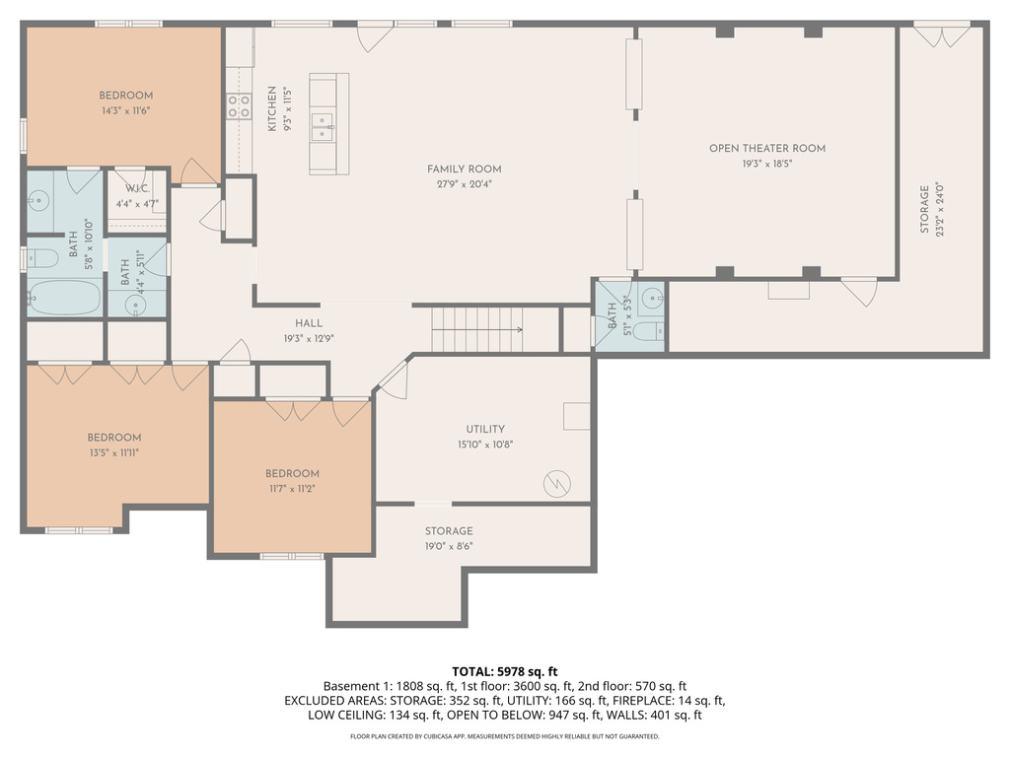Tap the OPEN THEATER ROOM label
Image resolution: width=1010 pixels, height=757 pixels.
(766, 149)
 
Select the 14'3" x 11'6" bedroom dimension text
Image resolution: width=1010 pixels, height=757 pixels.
(125, 111)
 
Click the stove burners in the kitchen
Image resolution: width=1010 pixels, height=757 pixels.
(239, 106)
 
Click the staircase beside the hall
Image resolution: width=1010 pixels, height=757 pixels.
(477, 328)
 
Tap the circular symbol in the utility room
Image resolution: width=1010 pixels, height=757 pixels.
(557, 483)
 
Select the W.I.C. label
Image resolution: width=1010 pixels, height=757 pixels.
(137, 189)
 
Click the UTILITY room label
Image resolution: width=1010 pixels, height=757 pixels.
(485, 429)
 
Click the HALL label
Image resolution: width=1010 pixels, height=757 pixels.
(309, 323)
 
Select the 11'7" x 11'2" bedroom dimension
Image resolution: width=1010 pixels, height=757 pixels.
(292, 488)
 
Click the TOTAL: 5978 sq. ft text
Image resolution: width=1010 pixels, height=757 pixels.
(504, 671)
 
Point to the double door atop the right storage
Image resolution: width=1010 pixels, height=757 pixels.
(941, 36)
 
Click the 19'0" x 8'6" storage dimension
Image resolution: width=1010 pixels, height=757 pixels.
(449, 546)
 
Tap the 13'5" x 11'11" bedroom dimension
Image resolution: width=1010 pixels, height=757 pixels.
(113, 452)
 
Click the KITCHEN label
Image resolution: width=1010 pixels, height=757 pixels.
(272, 108)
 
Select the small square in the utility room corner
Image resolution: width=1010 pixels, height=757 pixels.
(576, 416)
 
